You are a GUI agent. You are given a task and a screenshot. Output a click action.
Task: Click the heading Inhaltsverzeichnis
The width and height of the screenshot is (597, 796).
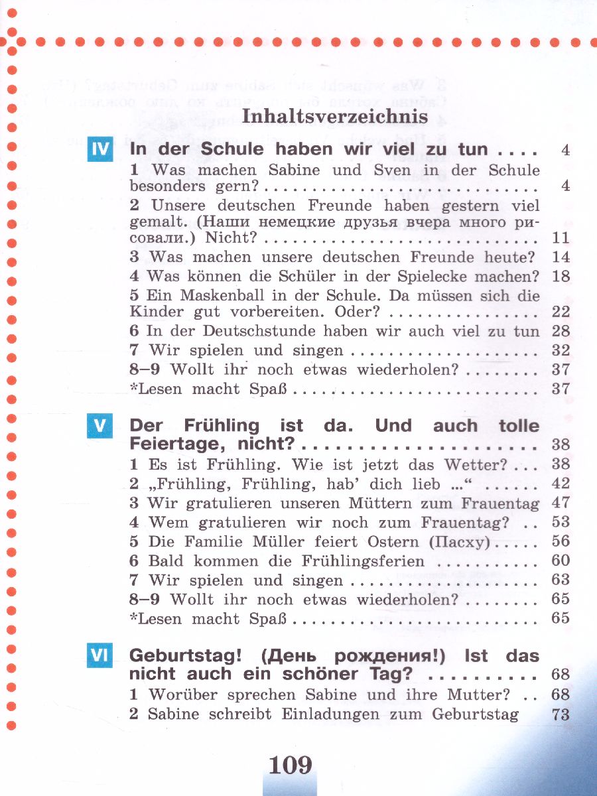click(x=335, y=117)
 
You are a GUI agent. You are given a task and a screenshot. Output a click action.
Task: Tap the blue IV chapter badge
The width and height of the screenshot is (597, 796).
click(x=100, y=149)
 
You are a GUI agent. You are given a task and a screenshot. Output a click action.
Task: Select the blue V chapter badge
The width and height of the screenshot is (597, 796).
click(x=100, y=425)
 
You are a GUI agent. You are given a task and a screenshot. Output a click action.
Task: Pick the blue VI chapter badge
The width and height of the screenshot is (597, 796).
click(x=100, y=656)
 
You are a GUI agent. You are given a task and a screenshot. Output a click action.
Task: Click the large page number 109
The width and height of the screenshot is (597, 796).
click(x=291, y=765)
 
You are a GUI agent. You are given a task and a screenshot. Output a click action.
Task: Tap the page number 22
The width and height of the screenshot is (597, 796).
click(x=561, y=312)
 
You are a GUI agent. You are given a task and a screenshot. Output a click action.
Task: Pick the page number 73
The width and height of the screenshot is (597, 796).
click(x=561, y=714)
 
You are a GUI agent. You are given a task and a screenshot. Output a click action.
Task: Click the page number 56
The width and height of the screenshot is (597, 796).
click(x=561, y=542)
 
